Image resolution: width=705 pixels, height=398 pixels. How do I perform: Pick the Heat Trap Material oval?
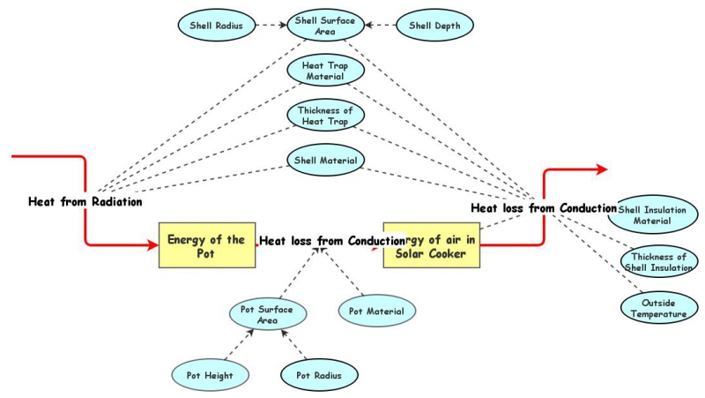tap(324, 71)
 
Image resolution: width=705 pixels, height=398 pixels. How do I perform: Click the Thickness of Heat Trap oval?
tap(324, 115)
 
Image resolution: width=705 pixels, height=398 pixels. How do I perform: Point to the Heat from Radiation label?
tap(85, 201)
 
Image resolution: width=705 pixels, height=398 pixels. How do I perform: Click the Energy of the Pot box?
tap(207, 244)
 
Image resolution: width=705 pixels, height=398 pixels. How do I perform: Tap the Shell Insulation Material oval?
tap(657, 214)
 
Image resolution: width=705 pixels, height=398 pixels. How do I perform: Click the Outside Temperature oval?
tap(657, 307)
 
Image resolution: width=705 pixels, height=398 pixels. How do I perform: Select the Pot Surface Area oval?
tap(267, 315)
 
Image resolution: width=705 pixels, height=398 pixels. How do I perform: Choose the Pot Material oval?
tap(376, 311)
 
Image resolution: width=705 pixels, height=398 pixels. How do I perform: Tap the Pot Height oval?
tap(204, 375)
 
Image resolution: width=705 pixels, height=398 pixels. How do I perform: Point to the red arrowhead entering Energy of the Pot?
tap(152, 244)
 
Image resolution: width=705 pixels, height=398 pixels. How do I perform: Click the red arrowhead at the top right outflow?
tap(602, 168)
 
